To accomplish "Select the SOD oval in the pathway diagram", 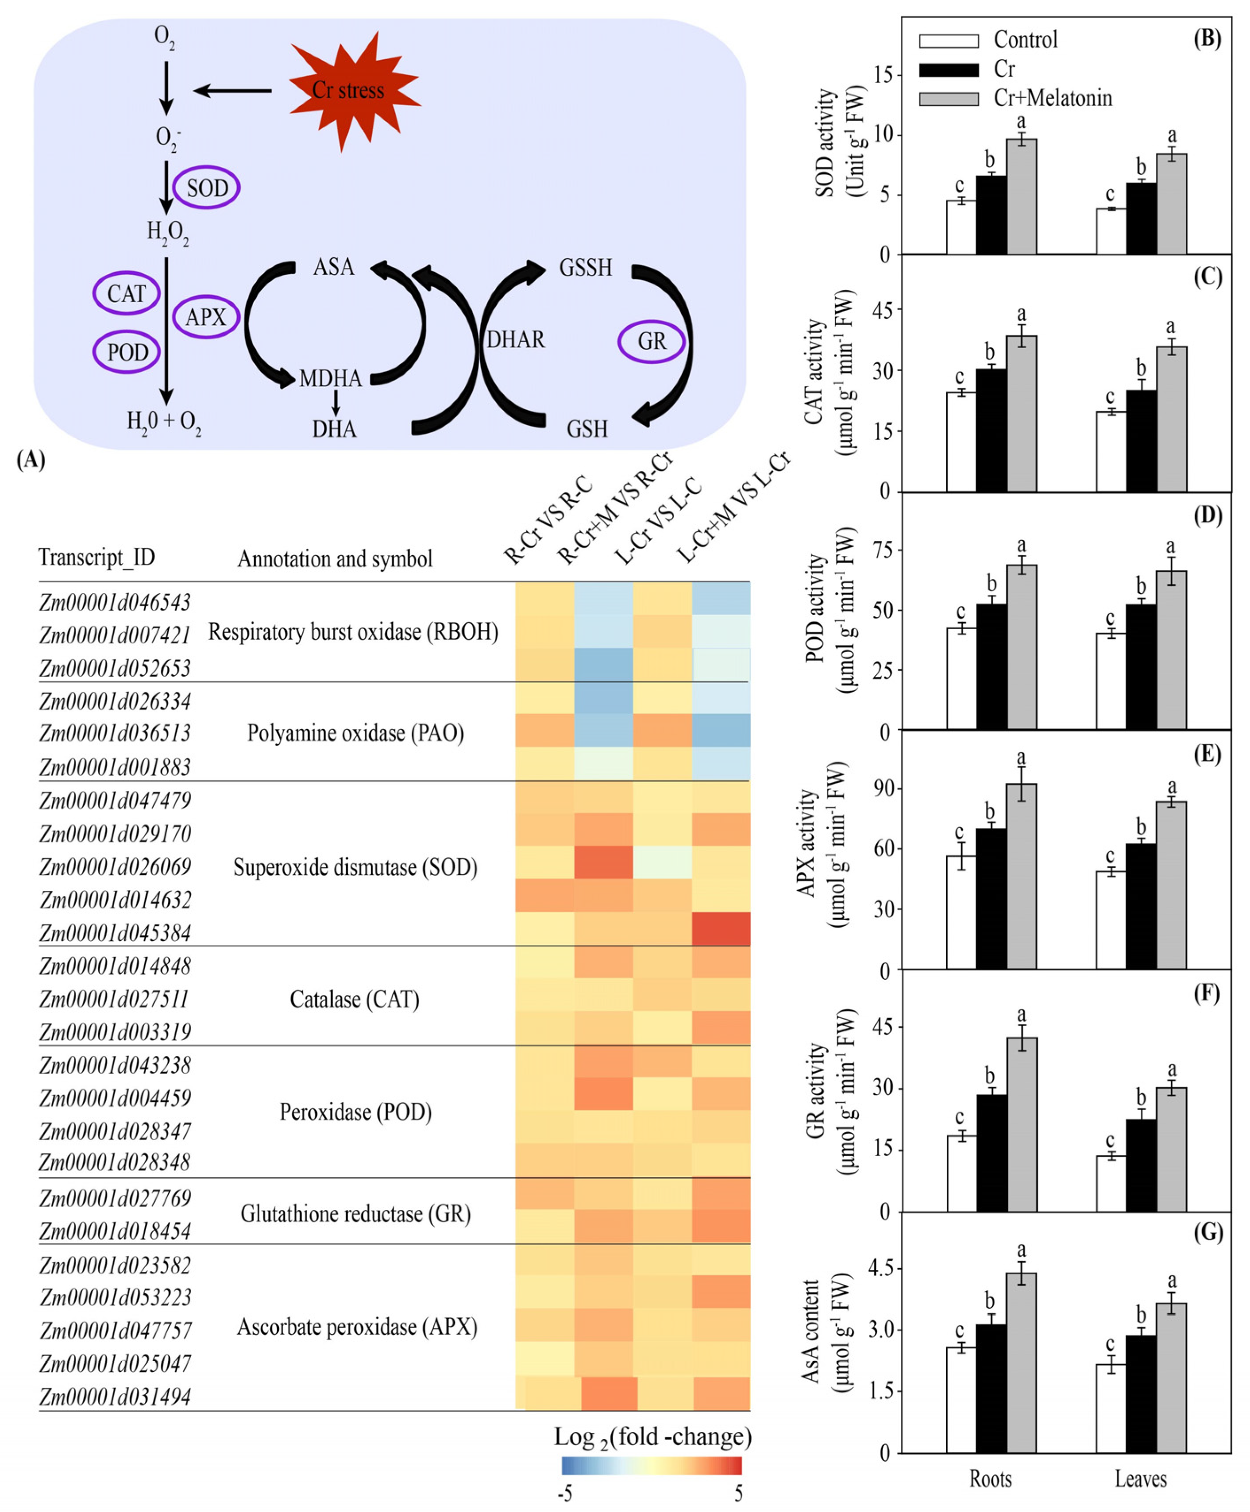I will pyautogui.click(x=207, y=188).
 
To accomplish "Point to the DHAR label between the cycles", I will pyautogui.click(x=516, y=339).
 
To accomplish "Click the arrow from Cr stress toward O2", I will pyautogui.click(x=232, y=91).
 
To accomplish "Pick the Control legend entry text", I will pyautogui.click(x=1025, y=39).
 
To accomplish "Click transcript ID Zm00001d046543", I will pyautogui.click(x=115, y=602).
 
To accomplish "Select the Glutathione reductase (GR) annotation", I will pyautogui.click(x=356, y=1214).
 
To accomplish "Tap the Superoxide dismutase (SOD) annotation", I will pyautogui.click(x=356, y=867).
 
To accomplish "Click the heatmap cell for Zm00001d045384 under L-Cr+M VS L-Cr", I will pyautogui.click(x=721, y=929).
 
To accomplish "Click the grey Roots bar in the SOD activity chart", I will pyautogui.click(x=1021, y=196).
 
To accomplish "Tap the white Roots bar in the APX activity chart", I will pyautogui.click(x=961, y=912).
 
